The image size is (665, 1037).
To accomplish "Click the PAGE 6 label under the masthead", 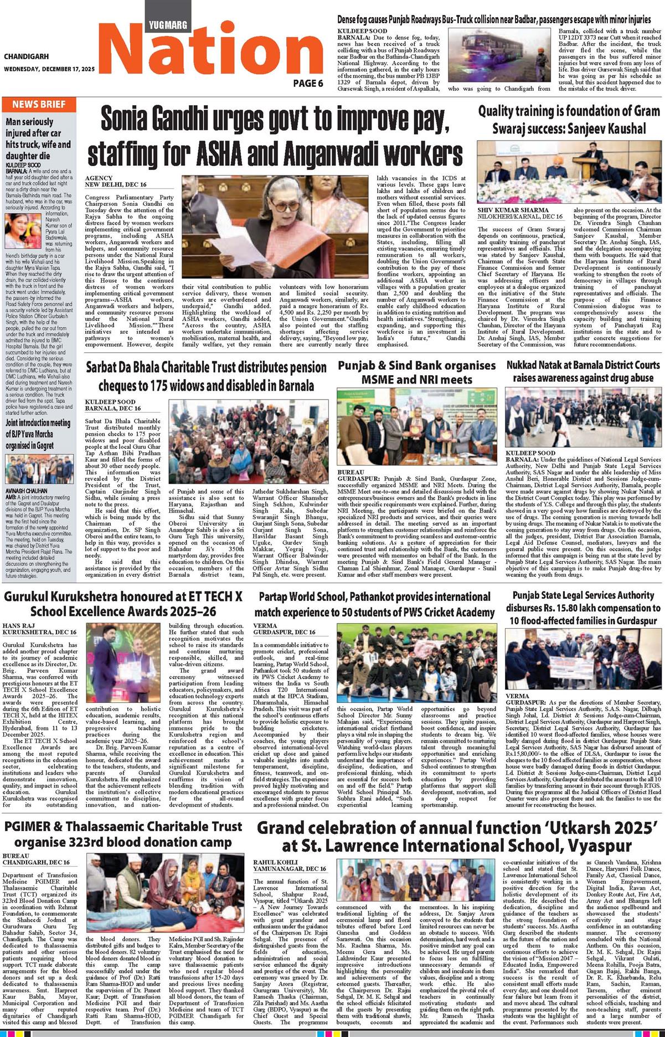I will point(308,84).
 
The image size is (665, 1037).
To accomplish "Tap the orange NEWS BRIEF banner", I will point(39,104).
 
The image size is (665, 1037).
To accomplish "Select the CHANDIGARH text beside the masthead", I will point(26,56).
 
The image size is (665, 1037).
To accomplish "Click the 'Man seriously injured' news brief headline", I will point(38,138).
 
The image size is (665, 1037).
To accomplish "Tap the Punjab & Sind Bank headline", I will point(417,372).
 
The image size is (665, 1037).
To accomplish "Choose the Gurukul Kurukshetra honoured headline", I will point(123,604).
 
